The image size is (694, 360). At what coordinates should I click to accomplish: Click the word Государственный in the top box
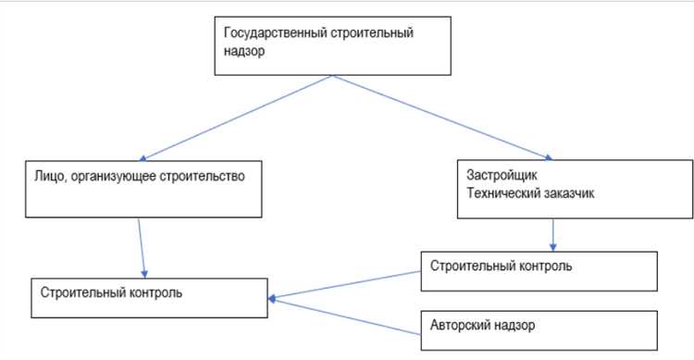coord(269,33)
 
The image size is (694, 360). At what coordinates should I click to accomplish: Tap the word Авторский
coord(462,326)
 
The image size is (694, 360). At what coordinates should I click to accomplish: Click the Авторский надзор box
coord(538,329)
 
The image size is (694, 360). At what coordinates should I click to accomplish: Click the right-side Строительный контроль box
coord(538,271)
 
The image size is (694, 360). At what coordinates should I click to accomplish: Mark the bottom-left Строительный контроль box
coord(147,297)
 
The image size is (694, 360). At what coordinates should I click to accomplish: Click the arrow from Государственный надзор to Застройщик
coord(444,119)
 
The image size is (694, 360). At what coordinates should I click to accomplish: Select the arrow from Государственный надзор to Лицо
coord(231,118)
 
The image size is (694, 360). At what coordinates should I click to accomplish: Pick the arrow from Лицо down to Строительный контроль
coord(142,247)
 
